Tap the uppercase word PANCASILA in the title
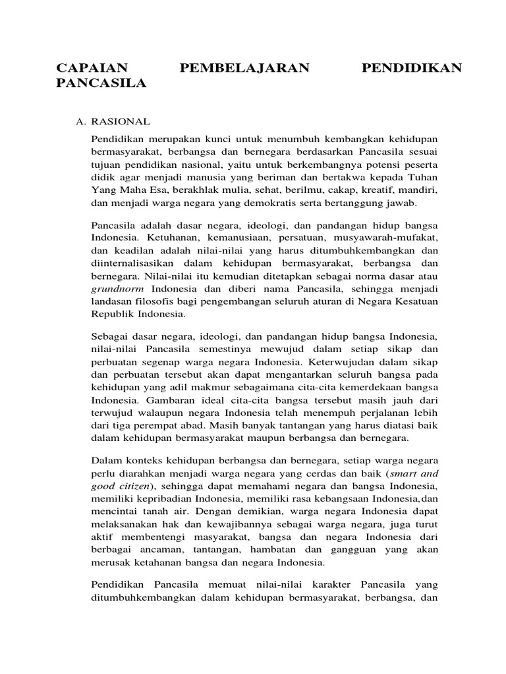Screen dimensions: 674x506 pyautogui.click(x=100, y=84)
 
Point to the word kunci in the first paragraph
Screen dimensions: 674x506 pyautogui.click(x=215, y=140)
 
